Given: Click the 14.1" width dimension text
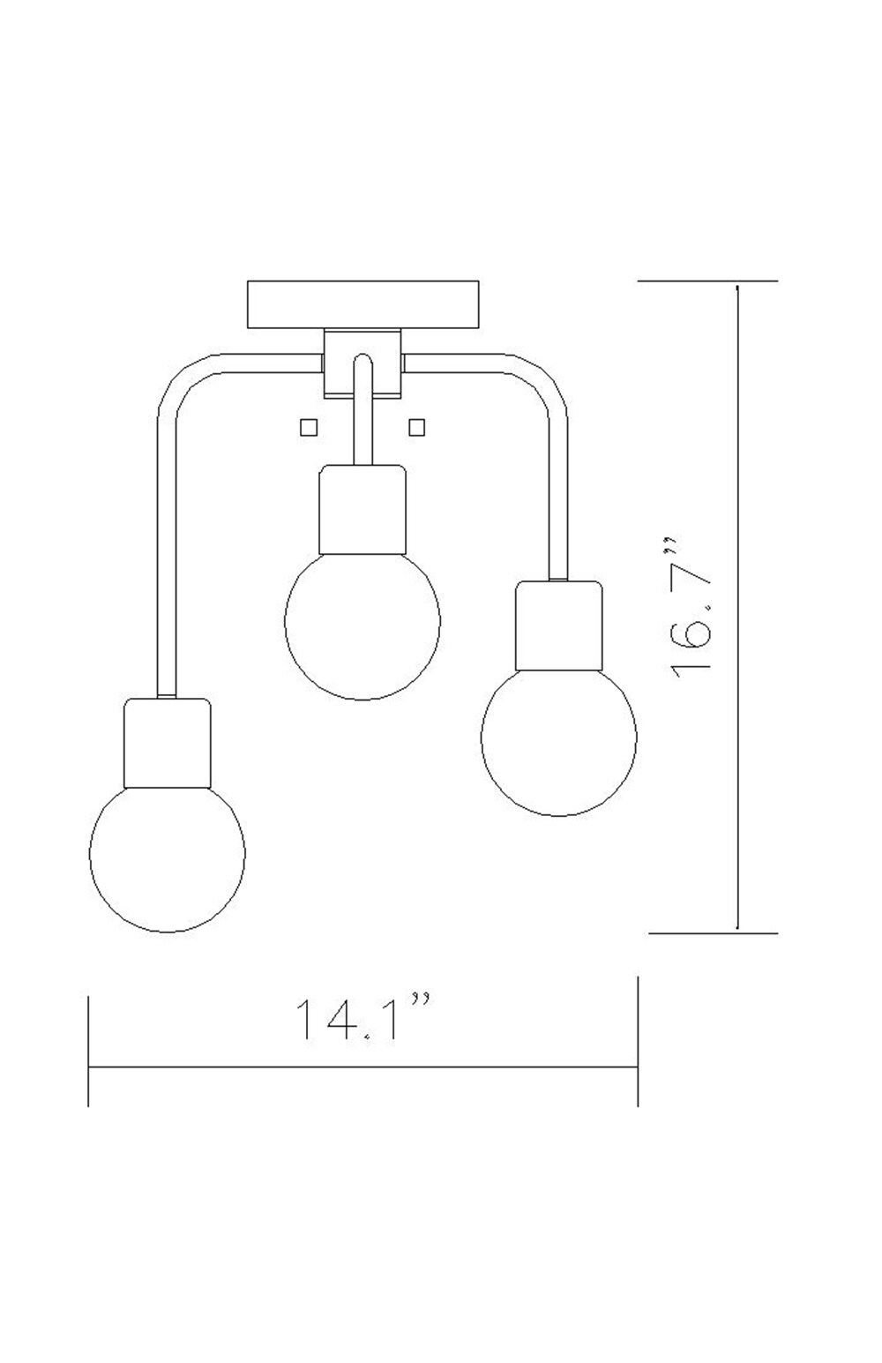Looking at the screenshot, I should point(362,1019).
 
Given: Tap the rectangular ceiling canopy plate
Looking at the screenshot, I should point(363,304).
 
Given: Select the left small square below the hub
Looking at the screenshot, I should point(308,427).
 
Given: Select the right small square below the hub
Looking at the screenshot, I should point(417,427).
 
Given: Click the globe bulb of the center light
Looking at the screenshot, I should point(363,622).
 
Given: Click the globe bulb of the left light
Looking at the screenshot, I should point(168,854).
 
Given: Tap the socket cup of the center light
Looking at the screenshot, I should point(363,509).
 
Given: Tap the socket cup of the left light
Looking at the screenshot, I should point(168,743).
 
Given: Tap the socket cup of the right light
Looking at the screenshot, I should point(558,625).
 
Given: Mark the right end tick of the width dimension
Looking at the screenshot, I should point(637,1041).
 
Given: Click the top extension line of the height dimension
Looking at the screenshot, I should point(706,281).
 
